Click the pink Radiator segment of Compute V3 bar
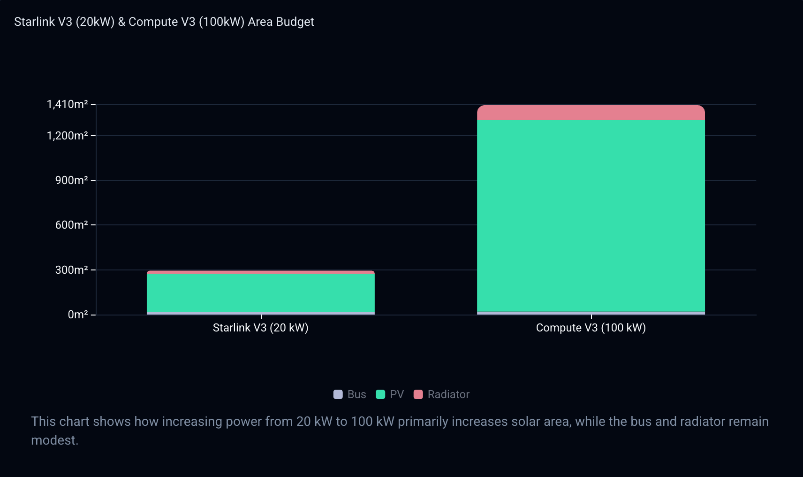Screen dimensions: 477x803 coord(591,113)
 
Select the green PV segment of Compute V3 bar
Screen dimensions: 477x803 coord(591,216)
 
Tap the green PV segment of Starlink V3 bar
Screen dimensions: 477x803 coord(261,293)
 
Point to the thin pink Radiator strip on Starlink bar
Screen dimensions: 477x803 coord(261,272)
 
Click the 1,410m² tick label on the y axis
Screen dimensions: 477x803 coord(67,104)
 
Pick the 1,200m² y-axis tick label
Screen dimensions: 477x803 coord(67,136)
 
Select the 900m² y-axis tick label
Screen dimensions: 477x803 coord(71,180)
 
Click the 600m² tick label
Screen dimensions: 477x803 coord(71,225)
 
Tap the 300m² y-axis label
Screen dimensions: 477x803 coord(71,270)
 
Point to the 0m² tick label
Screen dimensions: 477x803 coord(77,315)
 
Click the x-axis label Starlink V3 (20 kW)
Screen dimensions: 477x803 coord(261,328)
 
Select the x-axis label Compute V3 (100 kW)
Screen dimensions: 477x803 coord(591,328)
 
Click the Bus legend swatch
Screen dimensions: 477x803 coord(338,394)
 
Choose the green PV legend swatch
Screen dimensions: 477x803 coord(380,394)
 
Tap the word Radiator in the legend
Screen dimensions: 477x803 coord(448,394)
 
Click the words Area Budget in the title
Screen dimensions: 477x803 coord(281,22)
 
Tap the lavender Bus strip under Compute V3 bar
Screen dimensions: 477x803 coord(591,313)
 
